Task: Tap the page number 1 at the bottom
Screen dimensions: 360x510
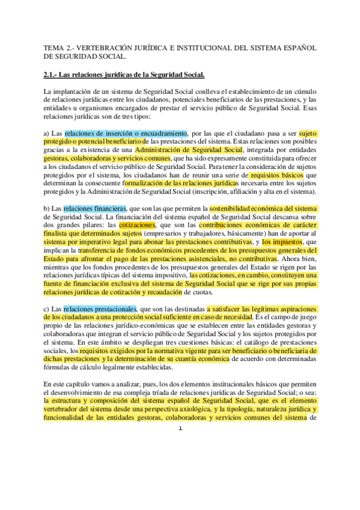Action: [x=180, y=428]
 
